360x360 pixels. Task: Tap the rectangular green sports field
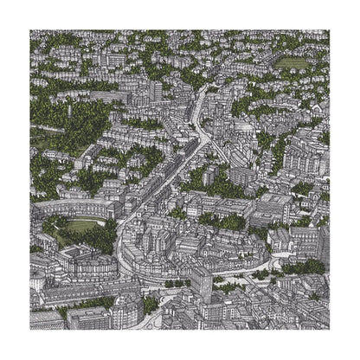pyautogui.click(x=292, y=63)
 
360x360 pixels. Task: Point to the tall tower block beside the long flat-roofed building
pyautogui.click(x=154, y=89)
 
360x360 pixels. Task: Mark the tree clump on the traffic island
pyautogui.click(x=177, y=282)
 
